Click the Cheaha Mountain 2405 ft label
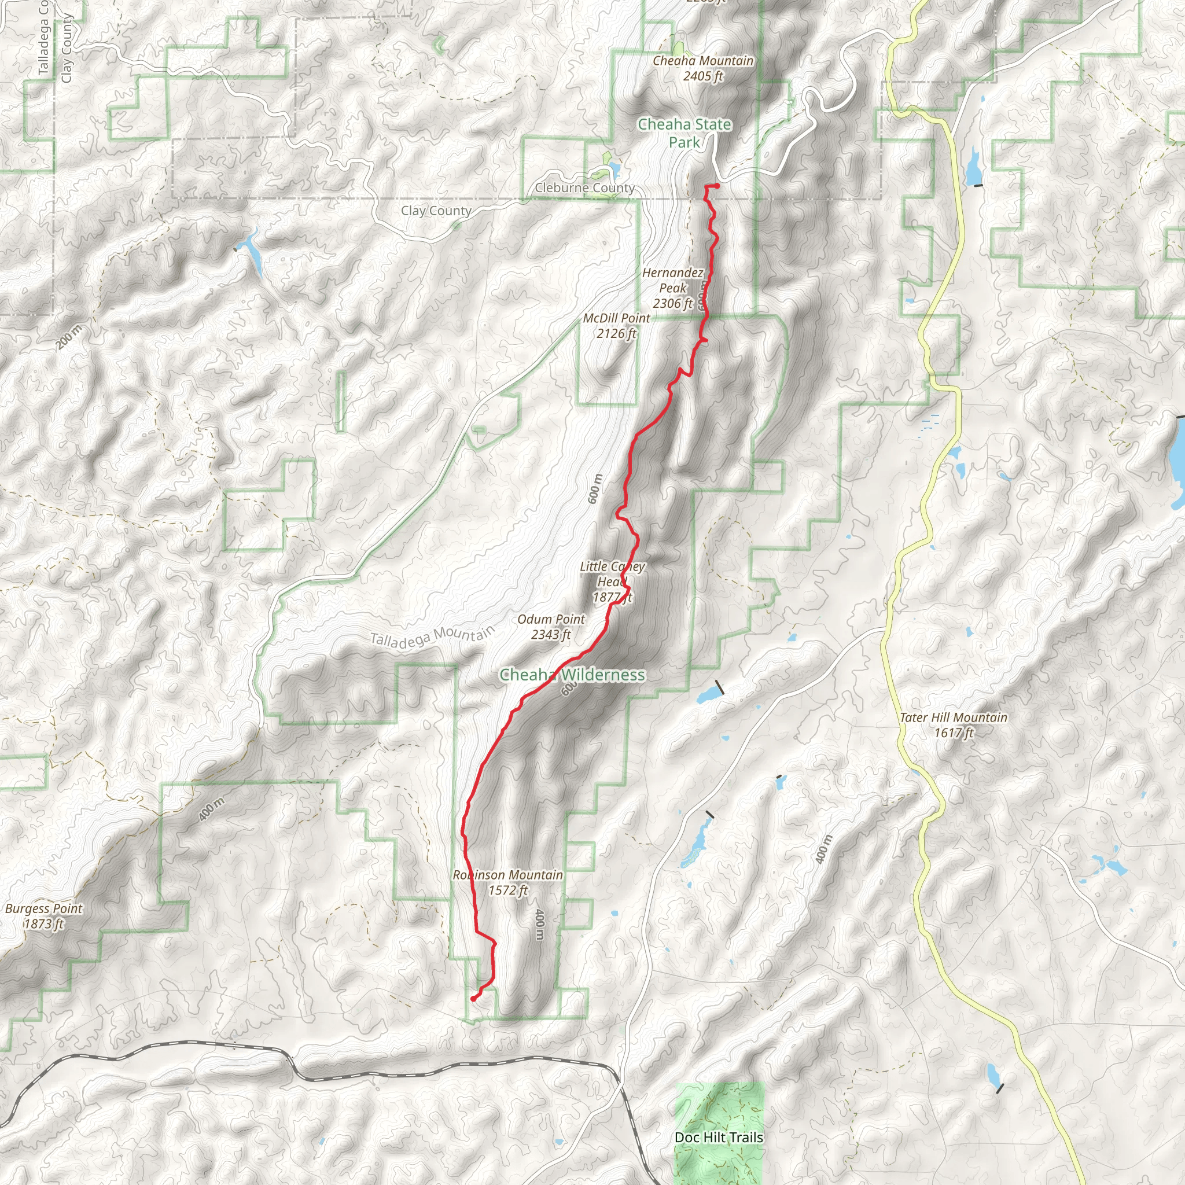pos(703,68)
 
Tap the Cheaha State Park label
pos(684,133)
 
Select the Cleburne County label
pos(584,187)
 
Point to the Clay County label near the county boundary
pos(436,211)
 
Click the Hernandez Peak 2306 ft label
pos(673,288)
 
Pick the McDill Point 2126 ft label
pos(616,326)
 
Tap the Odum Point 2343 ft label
pos(551,627)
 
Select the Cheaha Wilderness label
pos(572,675)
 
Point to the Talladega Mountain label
pos(432,636)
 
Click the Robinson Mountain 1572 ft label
pos(508,882)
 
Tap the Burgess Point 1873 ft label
pos(43,916)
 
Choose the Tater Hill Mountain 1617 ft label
pos(953,724)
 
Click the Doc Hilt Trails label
pos(719,1137)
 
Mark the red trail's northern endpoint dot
pos(717,186)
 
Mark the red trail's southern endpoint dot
pos(473,999)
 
